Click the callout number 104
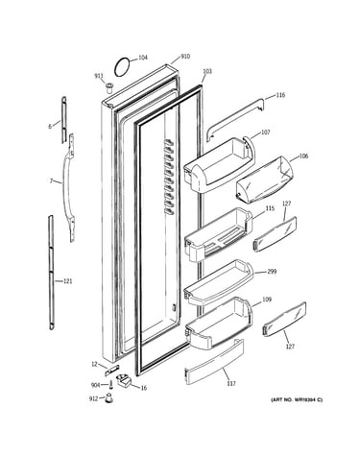(x=142, y=58)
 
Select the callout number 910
(x=185, y=57)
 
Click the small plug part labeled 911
(x=109, y=87)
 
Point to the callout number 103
(x=207, y=71)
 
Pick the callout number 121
(x=67, y=281)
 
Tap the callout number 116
(x=280, y=95)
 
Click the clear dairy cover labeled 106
(x=264, y=180)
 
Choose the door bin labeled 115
(x=219, y=233)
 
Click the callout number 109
(x=267, y=300)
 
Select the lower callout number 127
(x=290, y=347)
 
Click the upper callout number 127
(x=286, y=204)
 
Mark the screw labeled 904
(x=111, y=385)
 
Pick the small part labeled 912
(x=109, y=397)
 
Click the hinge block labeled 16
(x=124, y=381)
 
